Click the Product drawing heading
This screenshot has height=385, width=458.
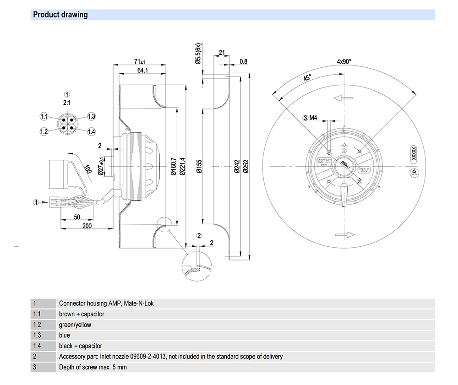point(60,15)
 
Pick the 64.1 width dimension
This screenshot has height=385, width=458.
point(142,70)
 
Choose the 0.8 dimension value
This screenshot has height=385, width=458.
point(243,61)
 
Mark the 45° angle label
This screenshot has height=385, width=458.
point(307,78)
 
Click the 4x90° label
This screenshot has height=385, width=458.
point(344,61)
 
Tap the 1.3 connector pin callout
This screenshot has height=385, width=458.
point(91,116)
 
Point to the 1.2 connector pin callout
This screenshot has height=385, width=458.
point(44,132)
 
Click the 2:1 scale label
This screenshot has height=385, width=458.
point(67,103)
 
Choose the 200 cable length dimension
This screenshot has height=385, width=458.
point(87,226)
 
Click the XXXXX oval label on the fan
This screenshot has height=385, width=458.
point(412,152)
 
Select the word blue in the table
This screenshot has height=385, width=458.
point(65,335)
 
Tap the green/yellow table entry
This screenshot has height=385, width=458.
point(75,325)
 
